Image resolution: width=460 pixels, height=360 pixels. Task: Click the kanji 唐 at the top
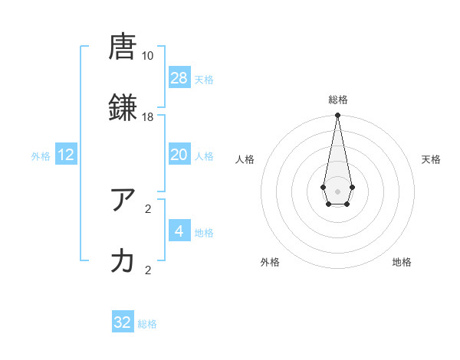[123, 47]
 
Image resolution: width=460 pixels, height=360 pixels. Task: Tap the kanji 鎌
[123, 106]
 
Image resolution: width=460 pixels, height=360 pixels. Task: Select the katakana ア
[123, 200]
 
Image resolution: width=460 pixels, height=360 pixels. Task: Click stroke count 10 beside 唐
[147, 55]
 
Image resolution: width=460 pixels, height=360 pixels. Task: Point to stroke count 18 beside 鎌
[147, 117]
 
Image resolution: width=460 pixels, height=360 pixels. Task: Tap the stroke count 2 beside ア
[148, 208]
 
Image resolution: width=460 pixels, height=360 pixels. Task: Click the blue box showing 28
[179, 78]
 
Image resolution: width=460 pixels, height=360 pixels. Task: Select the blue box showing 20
[179, 155]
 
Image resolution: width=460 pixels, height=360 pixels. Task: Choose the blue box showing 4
[179, 231]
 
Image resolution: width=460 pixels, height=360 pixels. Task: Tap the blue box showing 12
[66, 155]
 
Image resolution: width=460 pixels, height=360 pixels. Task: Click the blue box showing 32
[123, 322]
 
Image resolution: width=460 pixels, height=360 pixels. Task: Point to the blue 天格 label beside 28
[204, 80]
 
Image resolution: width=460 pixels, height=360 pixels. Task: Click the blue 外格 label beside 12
[41, 156]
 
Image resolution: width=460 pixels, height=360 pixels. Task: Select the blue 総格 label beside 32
[147, 324]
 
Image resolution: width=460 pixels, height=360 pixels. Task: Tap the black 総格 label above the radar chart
[337, 100]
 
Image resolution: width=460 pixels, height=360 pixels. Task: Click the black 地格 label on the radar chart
[402, 262]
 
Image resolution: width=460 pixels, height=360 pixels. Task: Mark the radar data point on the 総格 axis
[337, 115]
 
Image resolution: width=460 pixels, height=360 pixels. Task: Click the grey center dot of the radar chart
[337, 190]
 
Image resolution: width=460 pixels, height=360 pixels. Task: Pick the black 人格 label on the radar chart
[245, 159]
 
